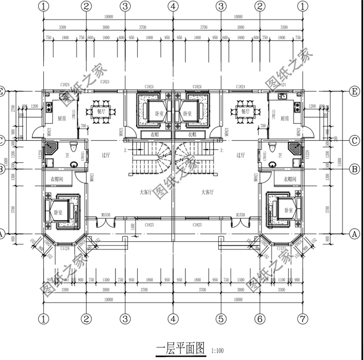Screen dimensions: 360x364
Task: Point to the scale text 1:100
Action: point(217,350)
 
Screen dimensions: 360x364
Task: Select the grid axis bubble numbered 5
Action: point(221,319)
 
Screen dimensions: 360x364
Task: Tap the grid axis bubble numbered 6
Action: point(260,319)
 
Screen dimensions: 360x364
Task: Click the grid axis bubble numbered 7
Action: point(303,319)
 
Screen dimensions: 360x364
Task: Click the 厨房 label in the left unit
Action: point(62,118)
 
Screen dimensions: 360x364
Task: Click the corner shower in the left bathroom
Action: point(50,148)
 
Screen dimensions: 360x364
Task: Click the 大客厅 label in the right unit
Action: point(207,192)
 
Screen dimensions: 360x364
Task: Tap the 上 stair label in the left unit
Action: point(126,150)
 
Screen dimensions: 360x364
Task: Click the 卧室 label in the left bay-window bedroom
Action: point(58,212)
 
